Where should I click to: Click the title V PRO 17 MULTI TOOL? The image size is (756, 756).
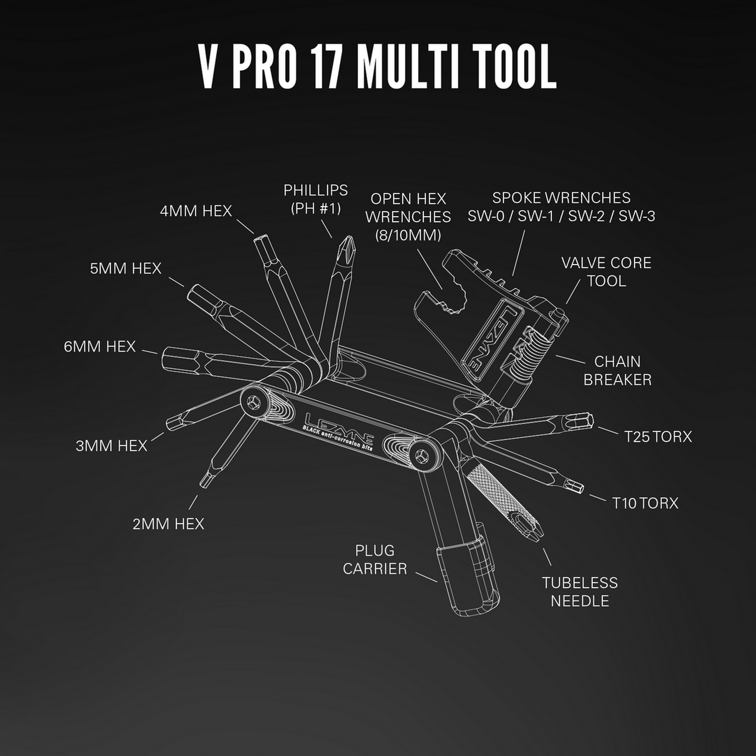pos(377,67)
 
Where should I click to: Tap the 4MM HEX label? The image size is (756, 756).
pos(196,211)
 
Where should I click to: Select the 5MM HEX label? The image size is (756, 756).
pos(126,268)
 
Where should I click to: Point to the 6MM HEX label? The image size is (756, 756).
pos(99,346)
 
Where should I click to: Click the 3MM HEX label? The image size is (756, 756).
pos(111,446)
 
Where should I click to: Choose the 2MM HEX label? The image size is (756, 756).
pos(168,524)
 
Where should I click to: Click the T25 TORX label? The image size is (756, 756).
pos(658,436)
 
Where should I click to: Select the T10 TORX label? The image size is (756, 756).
pos(645,503)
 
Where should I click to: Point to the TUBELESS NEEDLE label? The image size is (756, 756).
pos(580,592)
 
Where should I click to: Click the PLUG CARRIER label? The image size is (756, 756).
pos(375,559)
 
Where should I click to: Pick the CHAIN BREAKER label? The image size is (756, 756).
pos(617,370)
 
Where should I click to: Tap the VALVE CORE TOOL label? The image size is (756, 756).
pos(606,272)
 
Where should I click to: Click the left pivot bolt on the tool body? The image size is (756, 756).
pos(254,402)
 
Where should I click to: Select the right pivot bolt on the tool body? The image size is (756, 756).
pos(422,455)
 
